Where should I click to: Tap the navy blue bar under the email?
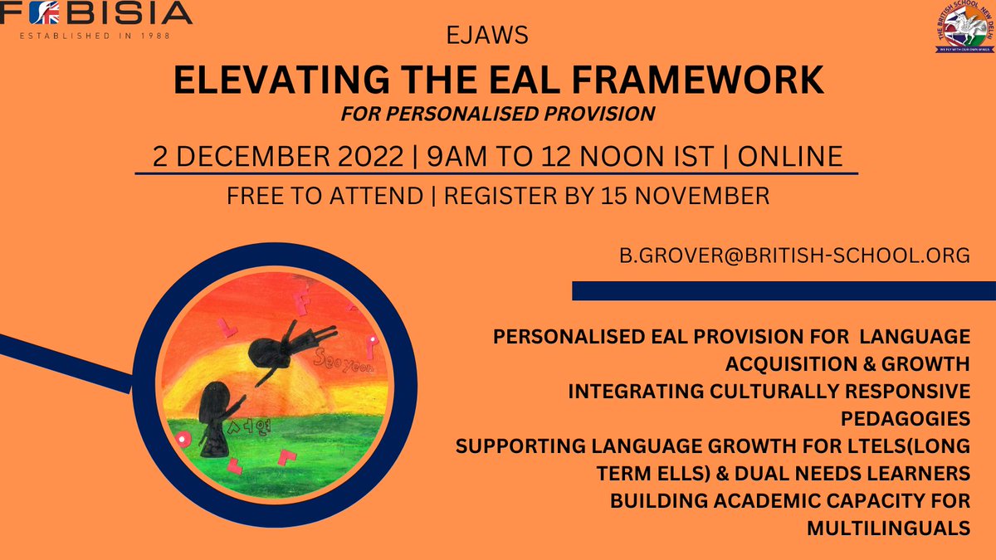click(x=784, y=290)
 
